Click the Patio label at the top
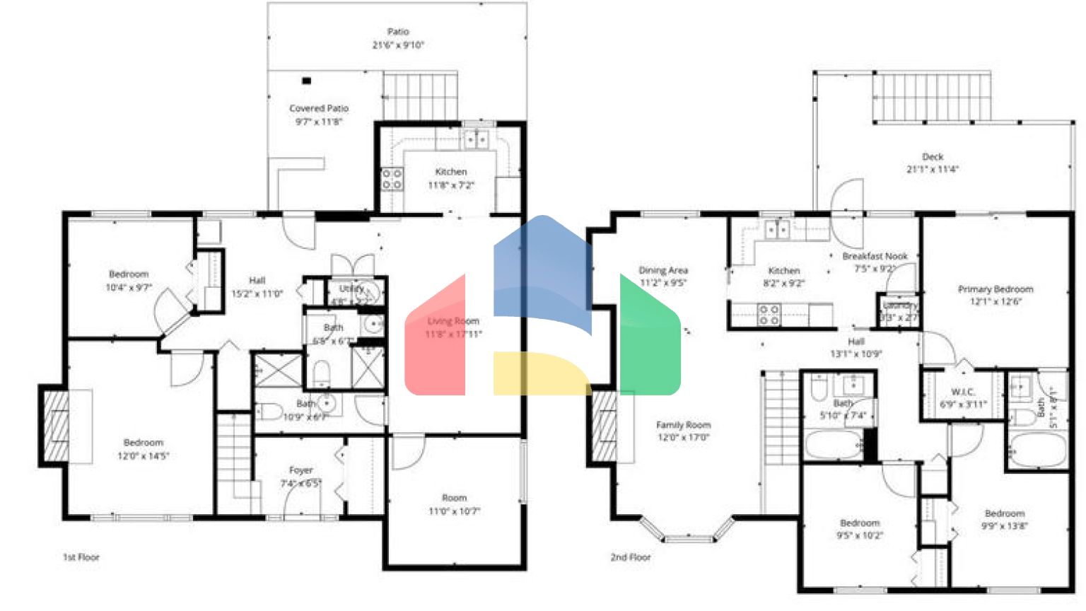tap(398, 32)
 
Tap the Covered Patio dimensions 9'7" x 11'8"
tap(318, 122)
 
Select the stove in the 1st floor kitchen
tap(392, 179)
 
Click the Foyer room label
tap(300, 470)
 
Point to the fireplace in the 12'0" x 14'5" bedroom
tap(57, 426)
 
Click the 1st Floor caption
tap(81, 557)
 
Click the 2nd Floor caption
tap(631, 557)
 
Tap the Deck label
tap(933, 157)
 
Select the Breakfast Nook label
tap(875, 256)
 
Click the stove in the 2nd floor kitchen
tap(769, 315)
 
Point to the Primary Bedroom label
tap(995, 289)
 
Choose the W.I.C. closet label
tap(963, 392)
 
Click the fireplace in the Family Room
tap(605, 426)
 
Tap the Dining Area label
tap(663, 270)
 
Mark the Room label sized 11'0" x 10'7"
tap(454, 498)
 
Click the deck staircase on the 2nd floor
tap(932, 98)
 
